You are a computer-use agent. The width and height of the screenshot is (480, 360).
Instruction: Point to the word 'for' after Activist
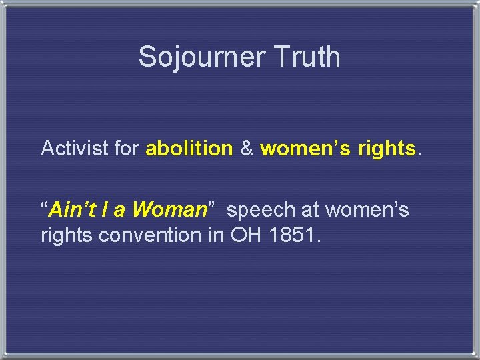coord(127,148)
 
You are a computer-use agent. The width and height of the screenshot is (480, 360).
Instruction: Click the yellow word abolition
coord(189,148)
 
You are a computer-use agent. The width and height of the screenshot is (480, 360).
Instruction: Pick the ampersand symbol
coord(247,148)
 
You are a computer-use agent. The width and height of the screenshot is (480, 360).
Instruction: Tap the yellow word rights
coord(387,148)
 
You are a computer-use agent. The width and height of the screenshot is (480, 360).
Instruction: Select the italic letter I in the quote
coord(104,210)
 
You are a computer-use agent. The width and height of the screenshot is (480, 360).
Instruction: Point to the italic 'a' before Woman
coord(119,210)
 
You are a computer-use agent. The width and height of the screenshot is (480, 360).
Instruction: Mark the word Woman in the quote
coord(169,210)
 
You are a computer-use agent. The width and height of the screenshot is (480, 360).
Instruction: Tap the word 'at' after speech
coord(310,210)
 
